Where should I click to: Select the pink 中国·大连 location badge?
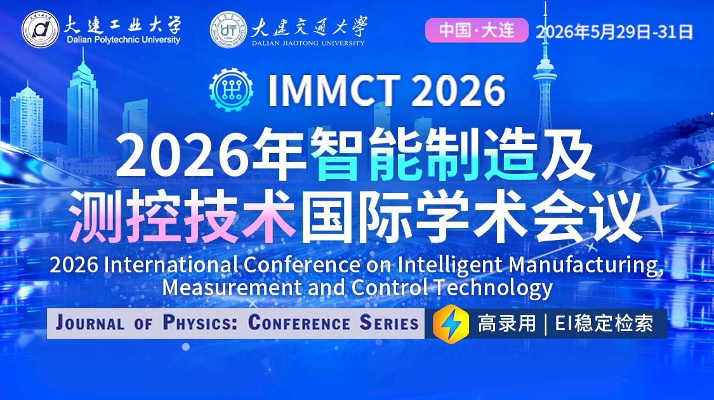coord(476,30)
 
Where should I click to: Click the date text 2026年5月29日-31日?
coord(614,31)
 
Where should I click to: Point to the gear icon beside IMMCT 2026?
coord(231,91)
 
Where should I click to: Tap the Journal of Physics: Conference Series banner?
coord(236,323)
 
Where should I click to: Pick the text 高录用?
coord(506,324)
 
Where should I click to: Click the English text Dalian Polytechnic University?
coord(123,40)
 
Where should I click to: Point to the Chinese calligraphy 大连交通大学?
coord(309,25)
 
